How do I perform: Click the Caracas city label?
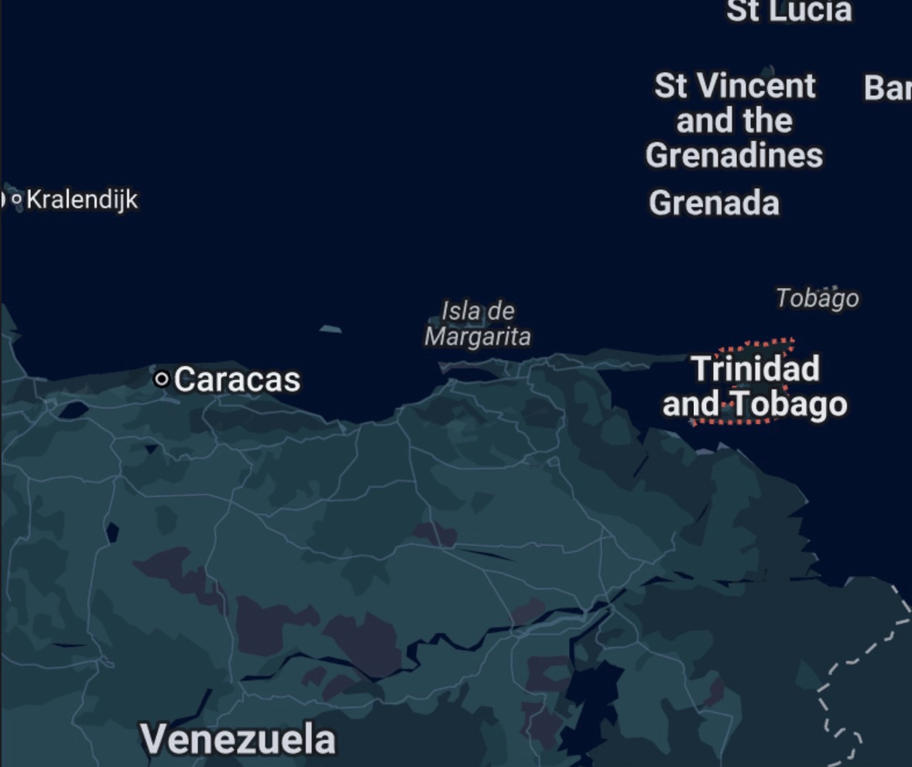[x=236, y=380]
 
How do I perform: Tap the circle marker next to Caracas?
[x=162, y=379]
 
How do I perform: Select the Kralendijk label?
[x=82, y=200]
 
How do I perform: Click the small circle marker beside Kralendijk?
[x=17, y=200]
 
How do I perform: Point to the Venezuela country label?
[x=238, y=739]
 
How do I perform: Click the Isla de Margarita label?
[x=478, y=324]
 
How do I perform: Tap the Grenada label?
[x=714, y=204]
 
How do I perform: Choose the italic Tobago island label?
[x=817, y=298]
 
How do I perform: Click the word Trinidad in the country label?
[x=755, y=368]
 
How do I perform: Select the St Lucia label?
[x=788, y=11]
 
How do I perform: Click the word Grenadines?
[x=734, y=156]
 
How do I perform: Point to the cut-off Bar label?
[x=887, y=88]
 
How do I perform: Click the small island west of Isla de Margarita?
[x=331, y=329]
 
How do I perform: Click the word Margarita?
[x=478, y=337]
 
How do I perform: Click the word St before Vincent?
[x=670, y=86]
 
